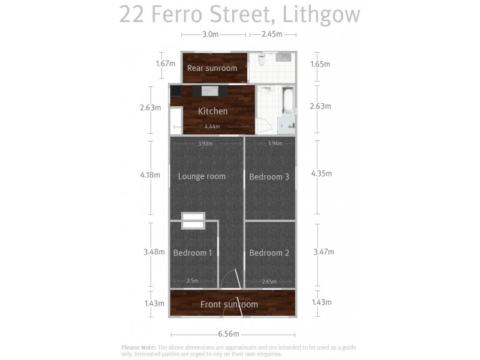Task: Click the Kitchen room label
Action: click(x=213, y=111)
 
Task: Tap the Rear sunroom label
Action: click(x=212, y=68)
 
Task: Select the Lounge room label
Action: click(x=202, y=176)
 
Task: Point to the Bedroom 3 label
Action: click(x=269, y=177)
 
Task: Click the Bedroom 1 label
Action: click(x=193, y=253)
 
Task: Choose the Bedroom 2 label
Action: click(x=269, y=253)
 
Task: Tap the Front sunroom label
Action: click(x=229, y=304)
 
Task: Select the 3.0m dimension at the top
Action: click(x=210, y=34)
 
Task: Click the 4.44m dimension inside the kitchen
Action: click(x=212, y=127)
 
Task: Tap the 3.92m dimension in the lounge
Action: click(x=205, y=143)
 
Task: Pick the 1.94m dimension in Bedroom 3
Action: click(x=275, y=143)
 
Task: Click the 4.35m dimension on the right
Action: click(x=321, y=174)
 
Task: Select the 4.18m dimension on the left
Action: click(x=150, y=175)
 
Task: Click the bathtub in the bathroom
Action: click(x=287, y=101)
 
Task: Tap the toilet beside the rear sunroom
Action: click(x=261, y=59)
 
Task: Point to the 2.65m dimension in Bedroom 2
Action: click(x=269, y=281)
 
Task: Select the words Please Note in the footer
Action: click(x=139, y=347)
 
